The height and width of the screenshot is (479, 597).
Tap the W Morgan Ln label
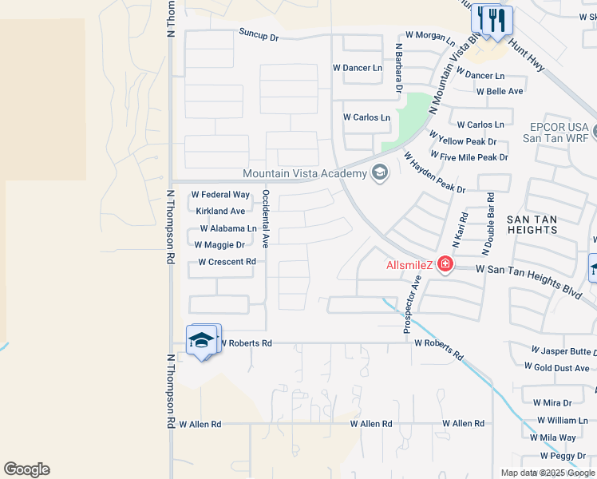(x=430, y=35)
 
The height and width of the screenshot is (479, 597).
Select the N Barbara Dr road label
(x=397, y=68)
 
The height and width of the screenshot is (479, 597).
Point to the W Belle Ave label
(x=500, y=91)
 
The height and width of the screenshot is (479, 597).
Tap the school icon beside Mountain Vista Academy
(x=380, y=173)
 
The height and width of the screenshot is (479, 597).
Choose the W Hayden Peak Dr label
(x=433, y=172)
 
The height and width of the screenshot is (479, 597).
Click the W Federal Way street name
(x=221, y=195)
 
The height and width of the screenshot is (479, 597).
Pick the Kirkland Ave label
(x=220, y=212)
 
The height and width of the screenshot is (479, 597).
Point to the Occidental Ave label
(x=266, y=218)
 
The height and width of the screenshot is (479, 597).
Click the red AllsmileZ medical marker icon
(x=445, y=264)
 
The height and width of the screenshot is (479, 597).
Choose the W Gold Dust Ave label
(x=557, y=366)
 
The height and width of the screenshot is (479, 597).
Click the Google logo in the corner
(x=26, y=469)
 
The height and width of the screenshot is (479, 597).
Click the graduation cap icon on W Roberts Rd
(x=202, y=341)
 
